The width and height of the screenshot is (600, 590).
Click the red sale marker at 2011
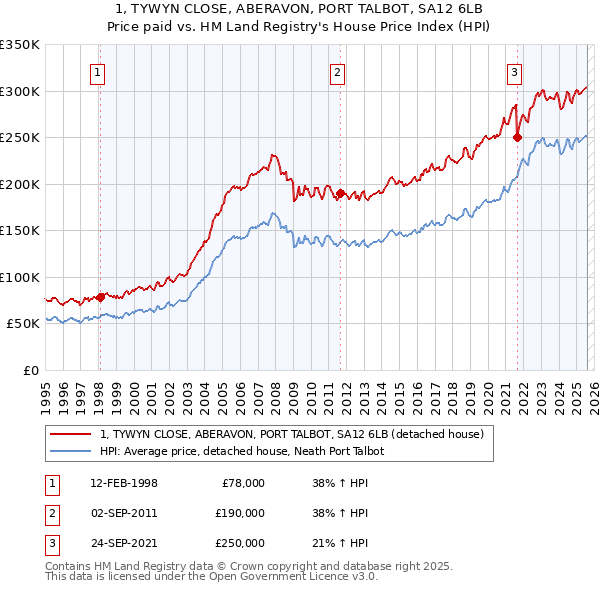coord(340,194)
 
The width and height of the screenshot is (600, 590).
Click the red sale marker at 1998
coord(100,297)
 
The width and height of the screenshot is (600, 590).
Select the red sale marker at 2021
coord(518,138)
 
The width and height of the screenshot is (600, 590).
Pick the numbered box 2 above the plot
coord(338,72)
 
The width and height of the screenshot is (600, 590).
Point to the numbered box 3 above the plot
coord(514,72)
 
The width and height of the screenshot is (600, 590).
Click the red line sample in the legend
coord(70,434)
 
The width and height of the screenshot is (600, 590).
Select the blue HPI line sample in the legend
coord(70,451)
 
